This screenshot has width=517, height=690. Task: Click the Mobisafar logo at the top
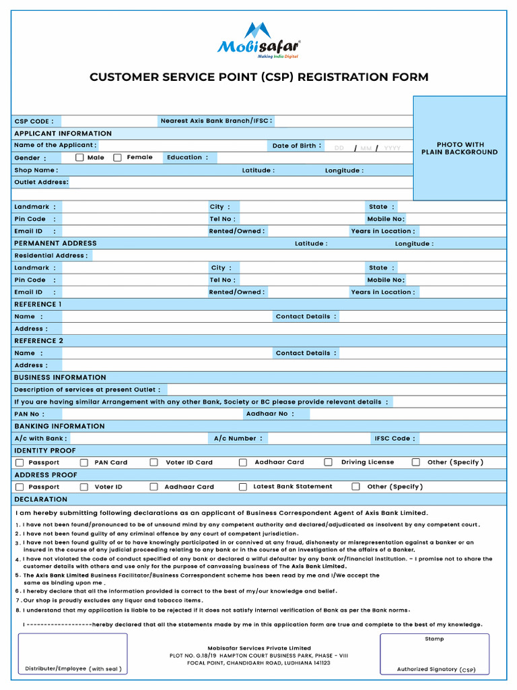(x=258, y=40)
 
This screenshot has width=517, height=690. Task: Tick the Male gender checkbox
(x=79, y=158)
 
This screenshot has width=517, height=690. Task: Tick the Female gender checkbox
(x=117, y=158)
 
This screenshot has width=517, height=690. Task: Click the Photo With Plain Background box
(x=459, y=148)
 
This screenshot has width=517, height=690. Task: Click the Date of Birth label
(x=297, y=146)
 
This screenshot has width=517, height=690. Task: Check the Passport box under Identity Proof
(x=20, y=463)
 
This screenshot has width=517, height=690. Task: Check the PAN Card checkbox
(x=84, y=463)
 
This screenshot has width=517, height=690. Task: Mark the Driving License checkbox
(x=329, y=462)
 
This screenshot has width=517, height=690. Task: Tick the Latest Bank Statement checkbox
(x=243, y=487)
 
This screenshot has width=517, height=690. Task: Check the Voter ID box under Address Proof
(x=84, y=487)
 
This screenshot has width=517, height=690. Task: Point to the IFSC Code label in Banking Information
(x=394, y=439)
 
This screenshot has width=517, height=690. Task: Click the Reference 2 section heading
(x=39, y=341)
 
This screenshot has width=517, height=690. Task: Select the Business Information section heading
(x=60, y=377)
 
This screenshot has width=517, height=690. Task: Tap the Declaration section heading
(x=40, y=499)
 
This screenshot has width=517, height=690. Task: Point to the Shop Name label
(x=36, y=170)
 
